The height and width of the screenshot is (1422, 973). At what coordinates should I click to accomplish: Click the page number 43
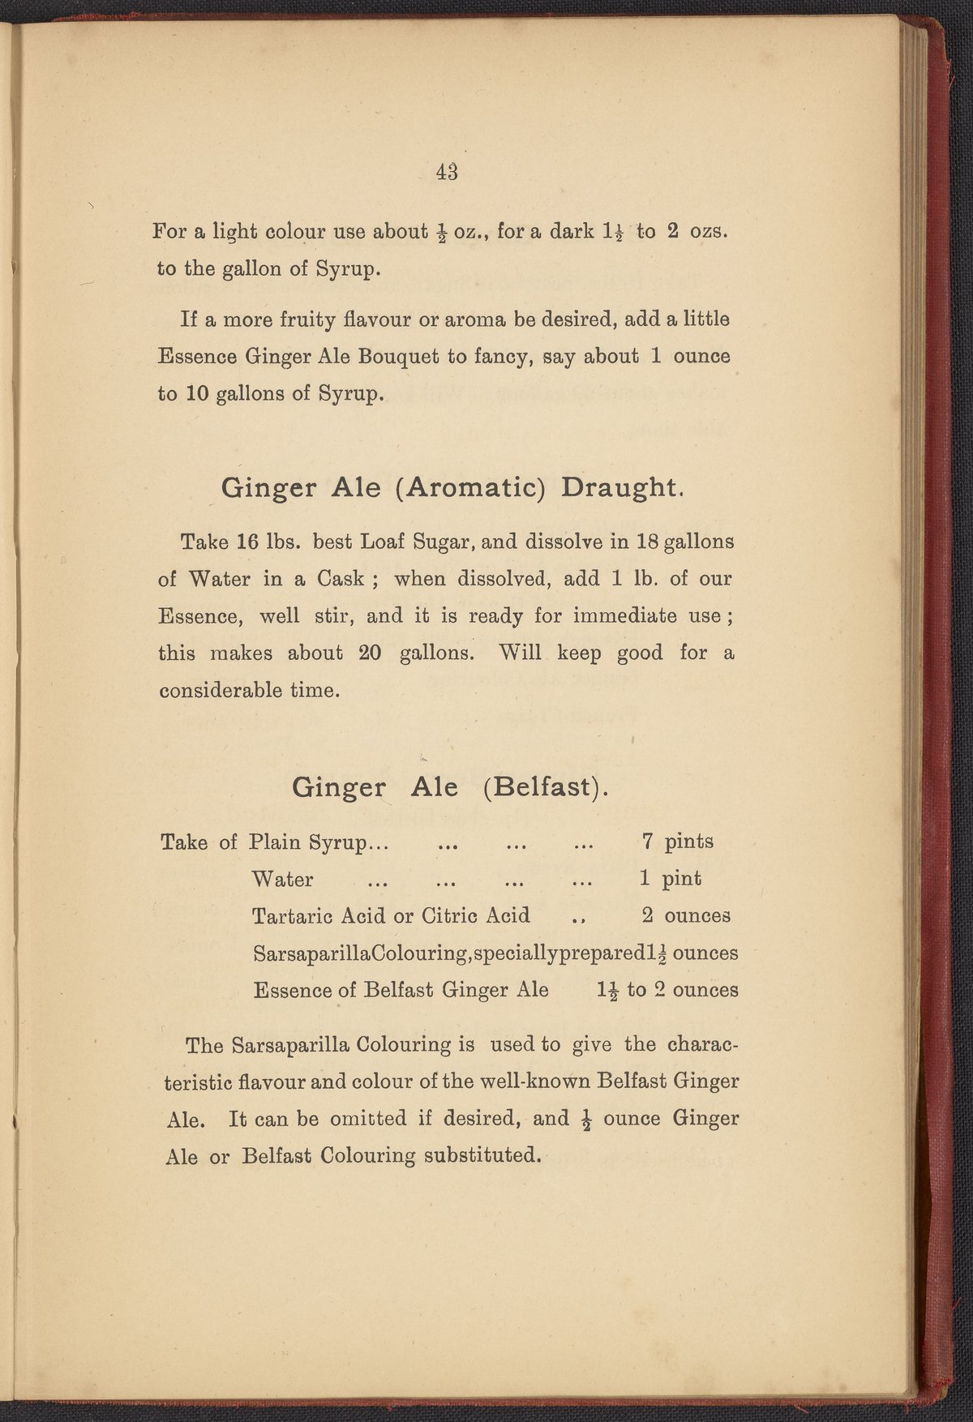[447, 172]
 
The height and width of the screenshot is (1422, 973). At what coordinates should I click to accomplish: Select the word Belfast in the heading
[542, 787]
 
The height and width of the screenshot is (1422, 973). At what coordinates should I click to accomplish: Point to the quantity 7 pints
[677, 842]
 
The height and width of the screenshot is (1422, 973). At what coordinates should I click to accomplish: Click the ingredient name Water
[283, 879]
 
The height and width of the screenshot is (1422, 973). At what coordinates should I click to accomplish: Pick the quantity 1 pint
[671, 879]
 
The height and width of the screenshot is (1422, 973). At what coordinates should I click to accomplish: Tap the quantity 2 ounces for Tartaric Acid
[685, 916]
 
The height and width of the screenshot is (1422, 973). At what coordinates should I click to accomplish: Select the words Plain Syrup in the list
[308, 842]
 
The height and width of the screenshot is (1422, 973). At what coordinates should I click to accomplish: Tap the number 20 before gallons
[370, 653]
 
